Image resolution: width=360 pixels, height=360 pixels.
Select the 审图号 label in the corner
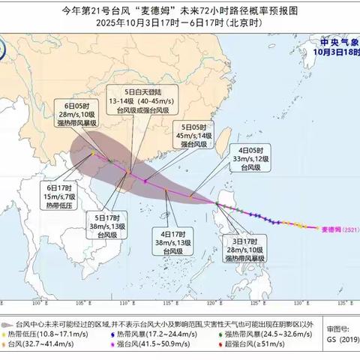point(334,328)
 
